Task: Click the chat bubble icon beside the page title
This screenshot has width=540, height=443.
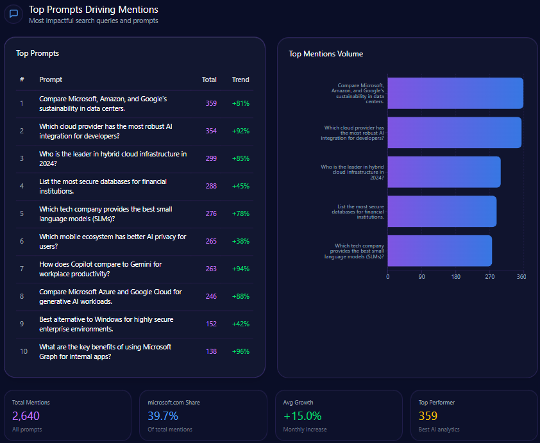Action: pyautogui.click(x=13, y=14)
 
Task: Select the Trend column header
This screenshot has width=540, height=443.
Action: pyautogui.click(x=240, y=79)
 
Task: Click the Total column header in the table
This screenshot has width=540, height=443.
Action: pyautogui.click(x=209, y=79)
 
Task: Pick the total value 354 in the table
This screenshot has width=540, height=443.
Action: pyautogui.click(x=211, y=131)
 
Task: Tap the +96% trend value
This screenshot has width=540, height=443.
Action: pyautogui.click(x=240, y=351)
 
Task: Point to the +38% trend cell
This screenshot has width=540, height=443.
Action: pyautogui.click(x=240, y=241)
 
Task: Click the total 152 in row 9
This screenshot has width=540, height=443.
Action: pyautogui.click(x=211, y=324)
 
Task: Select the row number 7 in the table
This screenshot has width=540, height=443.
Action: pyautogui.click(x=22, y=269)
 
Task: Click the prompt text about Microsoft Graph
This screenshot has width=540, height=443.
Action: pyautogui.click(x=105, y=351)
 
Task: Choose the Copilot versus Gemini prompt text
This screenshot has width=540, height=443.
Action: pyautogui.click(x=101, y=269)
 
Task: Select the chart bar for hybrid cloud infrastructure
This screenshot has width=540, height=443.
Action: pyautogui.click(x=444, y=172)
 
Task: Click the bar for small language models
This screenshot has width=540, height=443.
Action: pyautogui.click(x=439, y=251)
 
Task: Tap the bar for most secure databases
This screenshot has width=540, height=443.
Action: pyautogui.click(x=442, y=211)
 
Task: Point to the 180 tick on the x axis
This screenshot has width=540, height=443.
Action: pyautogui.click(x=456, y=277)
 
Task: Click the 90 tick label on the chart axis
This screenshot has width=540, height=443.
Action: pyautogui.click(x=422, y=277)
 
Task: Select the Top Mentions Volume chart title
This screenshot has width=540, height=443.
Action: pyautogui.click(x=326, y=54)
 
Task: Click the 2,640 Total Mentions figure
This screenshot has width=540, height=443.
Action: pyautogui.click(x=26, y=415)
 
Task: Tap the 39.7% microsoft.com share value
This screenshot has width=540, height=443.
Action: pyautogui.click(x=163, y=415)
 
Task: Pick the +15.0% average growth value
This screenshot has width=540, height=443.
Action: pyautogui.click(x=302, y=415)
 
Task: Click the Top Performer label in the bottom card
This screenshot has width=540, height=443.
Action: pyautogui.click(x=437, y=402)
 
